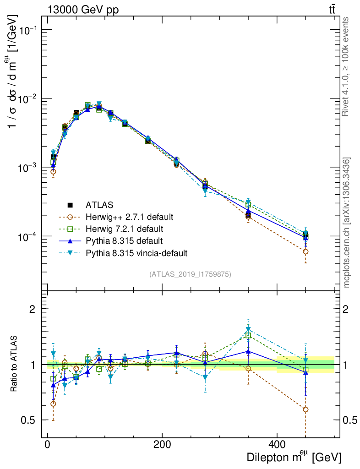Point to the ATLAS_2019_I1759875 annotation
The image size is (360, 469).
(x=190, y=274)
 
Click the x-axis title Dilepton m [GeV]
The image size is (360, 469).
(x=294, y=456)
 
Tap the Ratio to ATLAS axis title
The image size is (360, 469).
(x=15, y=364)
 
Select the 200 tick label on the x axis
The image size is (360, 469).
(x=162, y=444)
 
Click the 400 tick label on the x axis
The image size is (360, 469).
(x=277, y=444)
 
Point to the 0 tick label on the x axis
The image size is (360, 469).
(x=48, y=444)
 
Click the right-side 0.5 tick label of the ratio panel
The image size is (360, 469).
(x=351, y=420)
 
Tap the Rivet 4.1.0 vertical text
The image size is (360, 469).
(x=346, y=66)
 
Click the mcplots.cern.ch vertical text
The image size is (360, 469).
(x=346, y=222)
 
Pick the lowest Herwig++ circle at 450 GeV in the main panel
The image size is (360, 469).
(x=305, y=251)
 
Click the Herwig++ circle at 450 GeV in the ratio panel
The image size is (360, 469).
(x=305, y=409)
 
